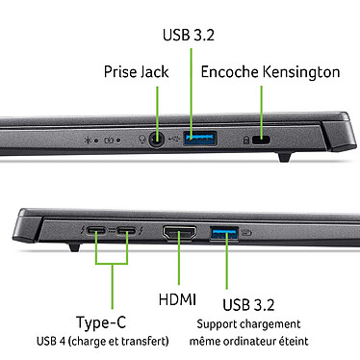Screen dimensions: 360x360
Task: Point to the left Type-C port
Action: (x=97, y=232)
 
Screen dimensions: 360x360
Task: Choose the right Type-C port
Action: (x=126, y=232)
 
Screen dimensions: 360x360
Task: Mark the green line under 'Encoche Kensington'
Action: (x=261, y=100)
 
